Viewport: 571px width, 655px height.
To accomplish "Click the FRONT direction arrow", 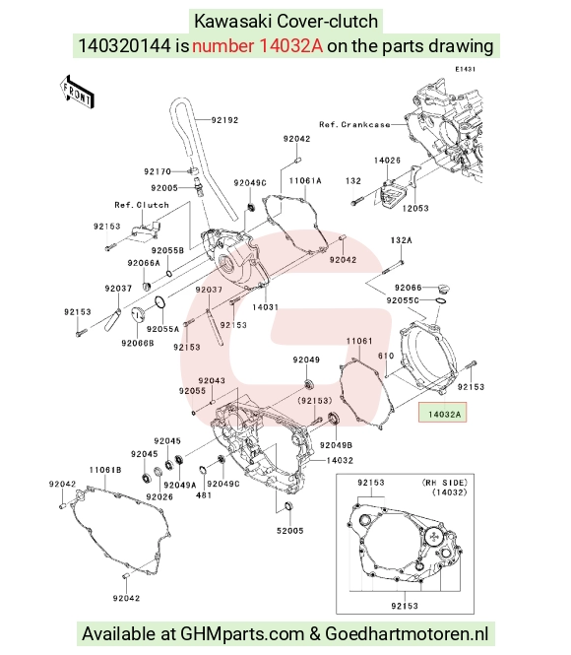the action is pyautogui.click(x=77, y=93).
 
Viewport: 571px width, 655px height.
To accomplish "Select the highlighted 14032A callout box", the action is pyautogui.click(x=442, y=413).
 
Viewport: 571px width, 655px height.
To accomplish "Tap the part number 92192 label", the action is pyautogui.click(x=224, y=120).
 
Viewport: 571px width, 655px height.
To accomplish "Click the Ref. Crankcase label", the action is pyautogui.click(x=354, y=124).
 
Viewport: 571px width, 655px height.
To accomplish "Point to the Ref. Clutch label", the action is pyautogui.click(x=142, y=205).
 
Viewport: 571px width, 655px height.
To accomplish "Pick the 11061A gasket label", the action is pyautogui.click(x=305, y=180).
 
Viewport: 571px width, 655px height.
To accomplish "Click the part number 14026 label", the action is pyautogui.click(x=387, y=160).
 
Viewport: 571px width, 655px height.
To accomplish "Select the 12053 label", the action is pyautogui.click(x=415, y=208).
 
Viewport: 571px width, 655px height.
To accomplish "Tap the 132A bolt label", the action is pyautogui.click(x=401, y=240).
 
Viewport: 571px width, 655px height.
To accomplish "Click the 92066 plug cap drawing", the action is pyautogui.click(x=445, y=289).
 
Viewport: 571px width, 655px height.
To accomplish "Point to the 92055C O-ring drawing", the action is pyautogui.click(x=441, y=300).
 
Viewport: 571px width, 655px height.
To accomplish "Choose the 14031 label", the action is pyautogui.click(x=265, y=307).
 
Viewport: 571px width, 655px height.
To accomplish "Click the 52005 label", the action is pyautogui.click(x=290, y=531).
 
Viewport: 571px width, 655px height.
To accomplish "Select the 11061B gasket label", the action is pyautogui.click(x=105, y=470).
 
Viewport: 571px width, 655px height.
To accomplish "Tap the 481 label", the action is pyautogui.click(x=204, y=495).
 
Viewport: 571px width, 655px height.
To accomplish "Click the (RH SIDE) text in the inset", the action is pyautogui.click(x=445, y=483).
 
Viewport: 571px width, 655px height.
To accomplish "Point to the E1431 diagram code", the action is pyautogui.click(x=466, y=69).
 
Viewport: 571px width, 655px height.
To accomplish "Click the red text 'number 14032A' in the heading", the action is pyautogui.click(x=258, y=45).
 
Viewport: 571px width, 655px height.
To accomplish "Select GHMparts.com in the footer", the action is pyautogui.click(x=241, y=634).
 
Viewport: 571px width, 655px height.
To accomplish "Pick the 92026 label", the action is pyautogui.click(x=159, y=496).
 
